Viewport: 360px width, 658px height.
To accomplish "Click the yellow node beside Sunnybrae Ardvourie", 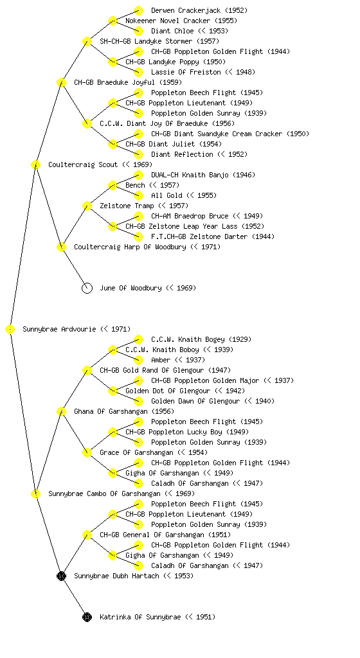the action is [x=10, y=330].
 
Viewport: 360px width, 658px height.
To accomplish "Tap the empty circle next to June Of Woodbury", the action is [x=87, y=289].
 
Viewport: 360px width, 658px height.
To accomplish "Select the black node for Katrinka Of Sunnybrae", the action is [x=87, y=618].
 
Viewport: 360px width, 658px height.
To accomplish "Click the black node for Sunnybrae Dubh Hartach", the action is [x=61, y=576].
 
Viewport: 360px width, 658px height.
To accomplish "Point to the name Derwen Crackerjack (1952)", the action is [x=199, y=10].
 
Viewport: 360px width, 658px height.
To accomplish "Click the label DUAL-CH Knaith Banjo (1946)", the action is [x=203, y=175].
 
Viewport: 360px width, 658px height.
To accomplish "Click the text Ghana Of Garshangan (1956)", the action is [x=124, y=412].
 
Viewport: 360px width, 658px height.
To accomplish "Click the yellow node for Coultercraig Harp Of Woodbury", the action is [x=61, y=247].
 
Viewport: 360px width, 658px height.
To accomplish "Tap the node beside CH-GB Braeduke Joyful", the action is [x=61, y=83].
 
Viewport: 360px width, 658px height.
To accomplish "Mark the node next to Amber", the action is [x=138, y=360].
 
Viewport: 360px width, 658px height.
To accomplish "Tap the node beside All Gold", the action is [x=138, y=195].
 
